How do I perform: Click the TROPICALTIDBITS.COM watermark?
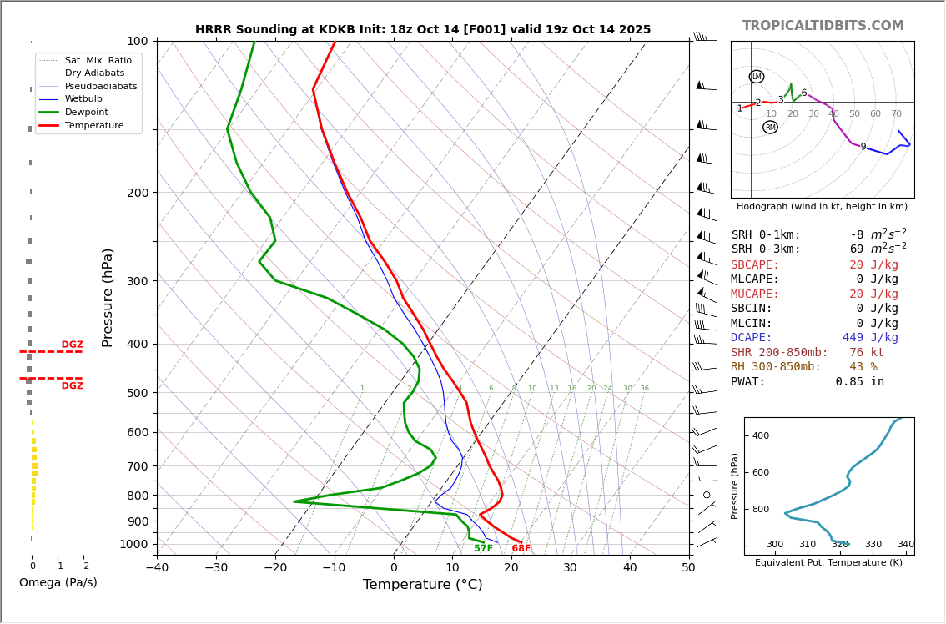[823, 26]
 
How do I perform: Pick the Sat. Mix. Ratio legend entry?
[98, 61]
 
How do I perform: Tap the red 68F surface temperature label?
[521, 549]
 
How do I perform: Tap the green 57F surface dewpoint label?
[483, 549]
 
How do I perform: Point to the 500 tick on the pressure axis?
[137, 393]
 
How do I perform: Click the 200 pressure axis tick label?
[137, 193]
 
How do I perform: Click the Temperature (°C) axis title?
[422, 586]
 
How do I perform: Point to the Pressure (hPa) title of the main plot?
[108, 297]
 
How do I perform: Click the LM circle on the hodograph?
[757, 77]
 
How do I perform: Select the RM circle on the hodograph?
[770, 128]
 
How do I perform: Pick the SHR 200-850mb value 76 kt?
[866, 353]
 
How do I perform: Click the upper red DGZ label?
[72, 345]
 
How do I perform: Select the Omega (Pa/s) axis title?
[58, 583]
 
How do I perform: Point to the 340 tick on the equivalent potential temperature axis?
[905, 545]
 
